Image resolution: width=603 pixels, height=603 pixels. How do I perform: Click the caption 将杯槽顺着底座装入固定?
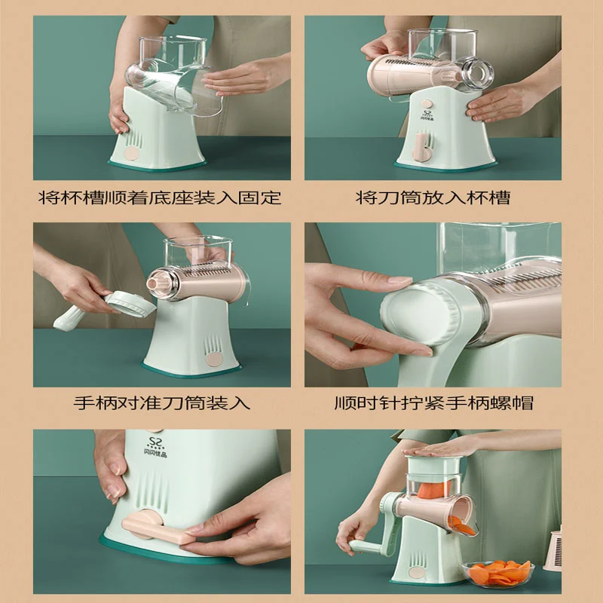click(x=160, y=197)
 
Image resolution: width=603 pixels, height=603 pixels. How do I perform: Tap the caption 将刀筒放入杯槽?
click(x=433, y=197)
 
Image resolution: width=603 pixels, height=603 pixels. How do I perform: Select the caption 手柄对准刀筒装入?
click(x=162, y=403)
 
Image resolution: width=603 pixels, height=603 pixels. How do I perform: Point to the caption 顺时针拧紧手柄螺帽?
click(x=434, y=403)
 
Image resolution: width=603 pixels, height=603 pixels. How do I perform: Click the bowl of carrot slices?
click(x=498, y=574)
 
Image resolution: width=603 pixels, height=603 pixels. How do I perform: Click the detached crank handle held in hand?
click(x=105, y=311)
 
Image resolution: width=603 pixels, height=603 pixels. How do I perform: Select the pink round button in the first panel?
click(x=131, y=154)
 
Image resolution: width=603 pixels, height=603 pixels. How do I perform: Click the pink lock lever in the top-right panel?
click(x=421, y=148)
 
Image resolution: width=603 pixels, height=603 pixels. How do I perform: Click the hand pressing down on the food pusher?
click(x=439, y=448)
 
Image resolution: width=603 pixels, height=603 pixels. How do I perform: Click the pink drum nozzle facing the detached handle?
click(x=158, y=283)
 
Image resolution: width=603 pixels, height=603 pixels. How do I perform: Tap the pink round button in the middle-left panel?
click(x=214, y=360)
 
